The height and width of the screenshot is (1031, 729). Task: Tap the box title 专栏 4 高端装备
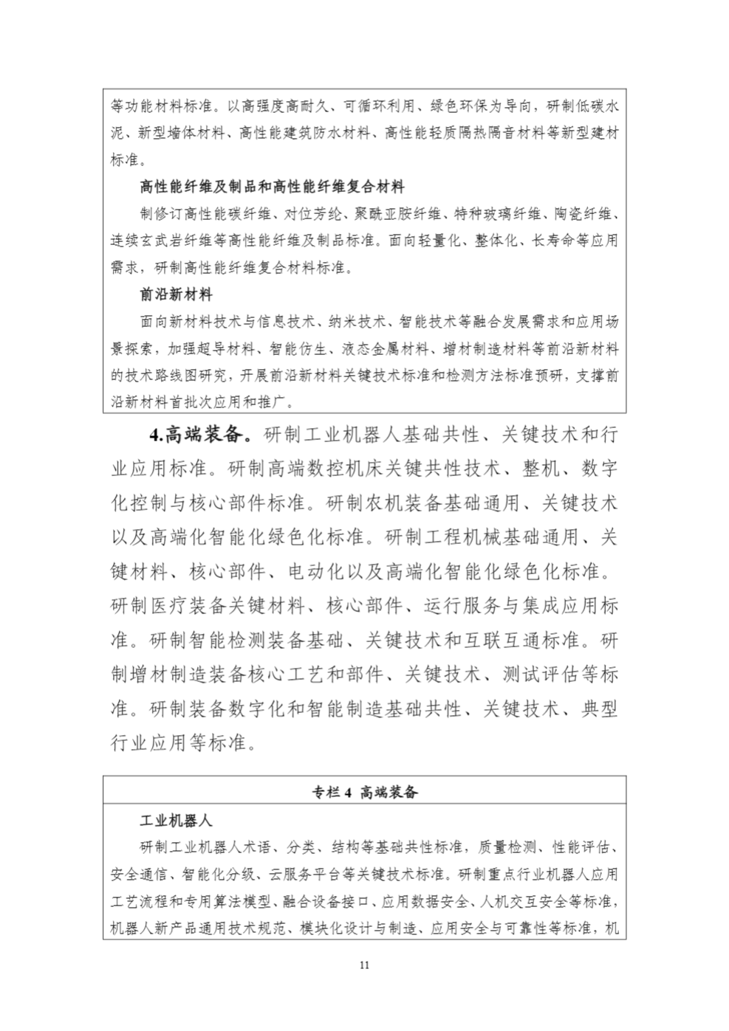pos(365,793)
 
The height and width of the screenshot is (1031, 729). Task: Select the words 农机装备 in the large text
pos(404,503)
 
